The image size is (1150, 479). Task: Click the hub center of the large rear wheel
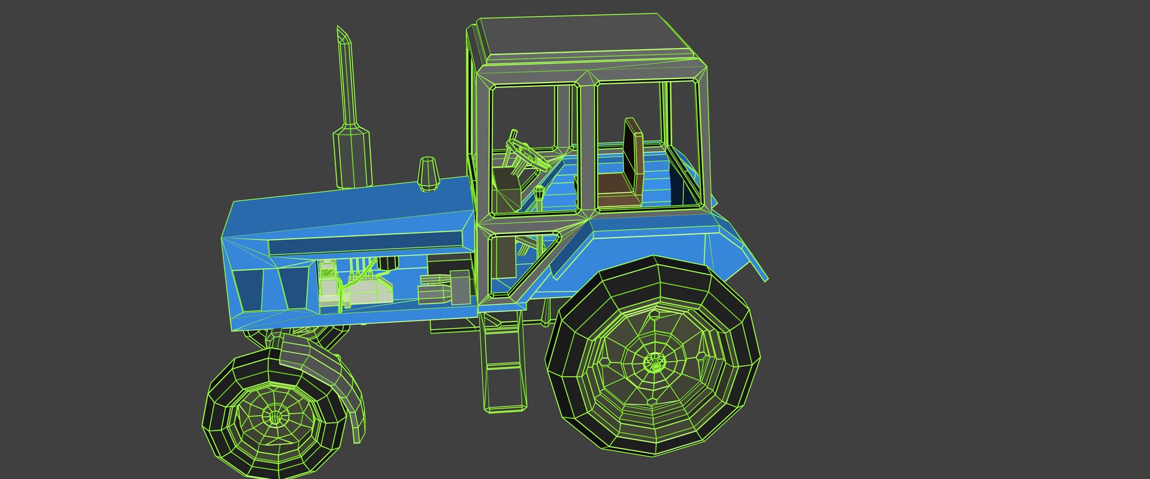coord(654,362)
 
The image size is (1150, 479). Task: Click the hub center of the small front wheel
coord(275,416)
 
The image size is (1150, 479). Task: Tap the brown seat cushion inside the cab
coord(617,189)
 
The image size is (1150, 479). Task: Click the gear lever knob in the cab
coord(540,193)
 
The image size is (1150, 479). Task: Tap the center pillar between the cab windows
coord(587,147)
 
